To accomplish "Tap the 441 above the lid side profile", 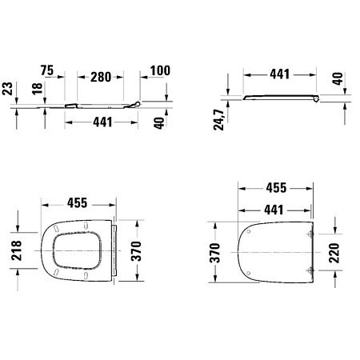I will [277, 74].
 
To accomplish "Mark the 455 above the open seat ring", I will [77, 203].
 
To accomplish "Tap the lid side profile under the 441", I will [280, 98].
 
